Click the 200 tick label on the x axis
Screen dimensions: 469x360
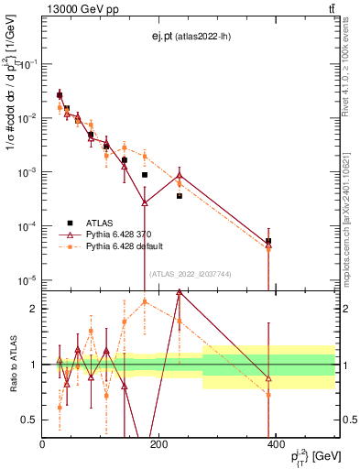158,444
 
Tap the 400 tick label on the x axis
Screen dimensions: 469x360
275,444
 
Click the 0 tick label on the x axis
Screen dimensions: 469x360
42,444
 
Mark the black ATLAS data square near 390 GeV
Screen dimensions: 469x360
268,241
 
